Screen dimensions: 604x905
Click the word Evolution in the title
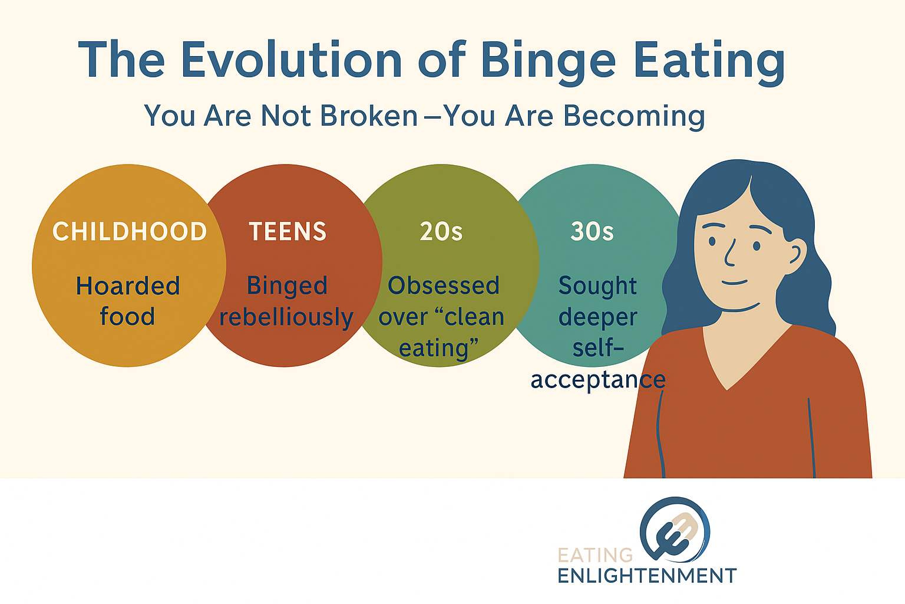pyautogui.click(x=291, y=61)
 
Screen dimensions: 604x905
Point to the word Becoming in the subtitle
pyautogui.click(x=634, y=116)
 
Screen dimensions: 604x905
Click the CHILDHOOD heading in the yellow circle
pyautogui.click(x=130, y=232)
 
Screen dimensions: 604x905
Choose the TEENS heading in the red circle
pyautogui.click(x=288, y=232)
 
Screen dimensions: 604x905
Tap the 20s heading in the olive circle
pyautogui.click(x=441, y=232)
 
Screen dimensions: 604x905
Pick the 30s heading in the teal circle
pyautogui.click(x=592, y=232)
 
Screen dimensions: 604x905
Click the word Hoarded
pyautogui.click(x=128, y=286)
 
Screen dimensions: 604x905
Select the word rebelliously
pyautogui.click(x=286, y=317)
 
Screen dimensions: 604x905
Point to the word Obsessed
pyautogui.click(x=444, y=286)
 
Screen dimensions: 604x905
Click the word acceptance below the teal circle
pyautogui.click(x=597, y=379)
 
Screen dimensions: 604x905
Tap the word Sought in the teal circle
pyautogui.click(x=597, y=286)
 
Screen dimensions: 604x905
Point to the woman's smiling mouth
pyautogui.click(x=734, y=283)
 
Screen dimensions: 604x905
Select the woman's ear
pyautogui.click(x=796, y=254)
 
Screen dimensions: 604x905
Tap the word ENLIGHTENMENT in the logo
pyautogui.click(x=647, y=576)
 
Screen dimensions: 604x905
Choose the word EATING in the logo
pyautogui.click(x=595, y=556)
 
